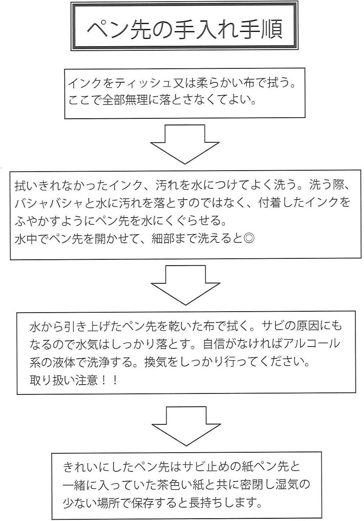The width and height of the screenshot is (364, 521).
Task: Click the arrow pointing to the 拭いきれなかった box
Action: (185, 144)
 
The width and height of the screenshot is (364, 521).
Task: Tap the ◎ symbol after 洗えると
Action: (249, 239)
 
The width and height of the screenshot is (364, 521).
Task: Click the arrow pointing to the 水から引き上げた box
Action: (185, 285)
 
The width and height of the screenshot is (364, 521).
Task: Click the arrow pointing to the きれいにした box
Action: (187, 425)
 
